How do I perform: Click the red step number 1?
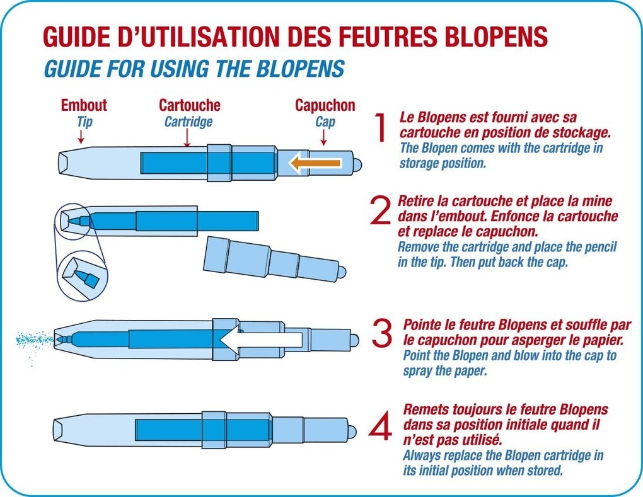pyautogui.click(x=380, y=128)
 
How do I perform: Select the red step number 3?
pyautogui.click(x=382, y=334)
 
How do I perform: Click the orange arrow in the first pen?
pyautogui.click(x=315, y=164)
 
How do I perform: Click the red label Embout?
pyautogui.click(x=84, y=105)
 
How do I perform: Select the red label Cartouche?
pyautogui.click(x=189, y=105)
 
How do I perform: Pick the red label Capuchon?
pyautogui.click(x=325, y=105)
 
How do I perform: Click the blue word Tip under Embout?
pyautogui.click(x=84, y=122)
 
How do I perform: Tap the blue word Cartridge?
pyautogui.click(x=188, y=122)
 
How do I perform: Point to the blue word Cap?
pyautogui.click(x=325, y=122)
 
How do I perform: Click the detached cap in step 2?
pyautogui.click(x=274, y=259)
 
